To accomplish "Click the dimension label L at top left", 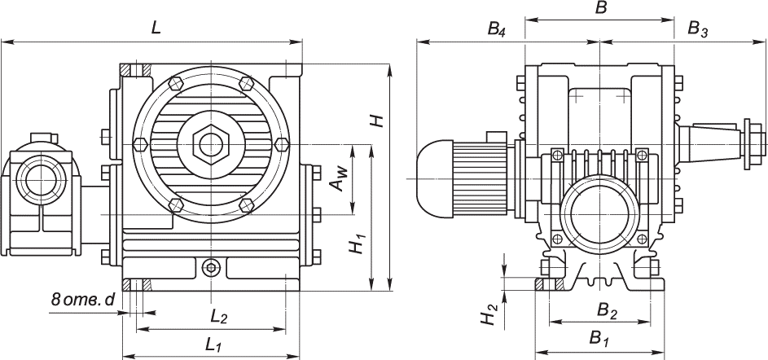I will pyautogui.click(x=156, y=27).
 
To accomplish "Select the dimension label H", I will pyautogui.click(x=376, y=121).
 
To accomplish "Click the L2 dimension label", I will pyautogui.click(x=217, y=316).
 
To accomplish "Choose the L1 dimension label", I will pyautogui.click(x=214, y=345).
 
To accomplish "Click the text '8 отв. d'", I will pyautogui.click(x=81, y=300).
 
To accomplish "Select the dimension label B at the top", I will pyautogui.click(x=601, y=9).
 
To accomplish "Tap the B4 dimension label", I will pyautogui.click(x=496, y=29).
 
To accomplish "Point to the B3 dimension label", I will pyautogui.click(x=697, y=29).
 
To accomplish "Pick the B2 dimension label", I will pyautogui.click(x=607, y=310).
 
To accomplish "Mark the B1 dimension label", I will pyautogui.click(x=600, y=337).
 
